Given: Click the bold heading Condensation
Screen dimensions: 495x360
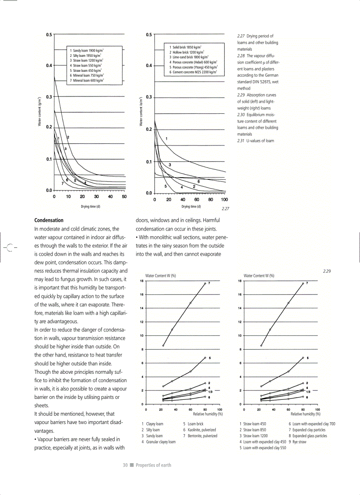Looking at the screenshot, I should tap(49, 220).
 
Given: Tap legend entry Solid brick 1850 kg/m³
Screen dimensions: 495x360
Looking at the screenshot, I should tap(185, 47).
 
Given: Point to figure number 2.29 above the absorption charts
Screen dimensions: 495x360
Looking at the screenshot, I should tap(326, 271).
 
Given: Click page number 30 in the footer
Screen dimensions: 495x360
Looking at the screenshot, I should tap(125, 465).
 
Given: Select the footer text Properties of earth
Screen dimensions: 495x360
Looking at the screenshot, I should tap(153, 465).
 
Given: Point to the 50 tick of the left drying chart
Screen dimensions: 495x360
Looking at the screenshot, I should tap(124, 197).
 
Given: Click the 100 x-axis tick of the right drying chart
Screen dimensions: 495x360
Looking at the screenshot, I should tap(224, 199).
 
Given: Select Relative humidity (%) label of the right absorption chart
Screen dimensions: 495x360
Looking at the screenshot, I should tap(305, 414).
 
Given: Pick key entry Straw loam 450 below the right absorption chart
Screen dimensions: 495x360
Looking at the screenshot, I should tap(252, 424).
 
